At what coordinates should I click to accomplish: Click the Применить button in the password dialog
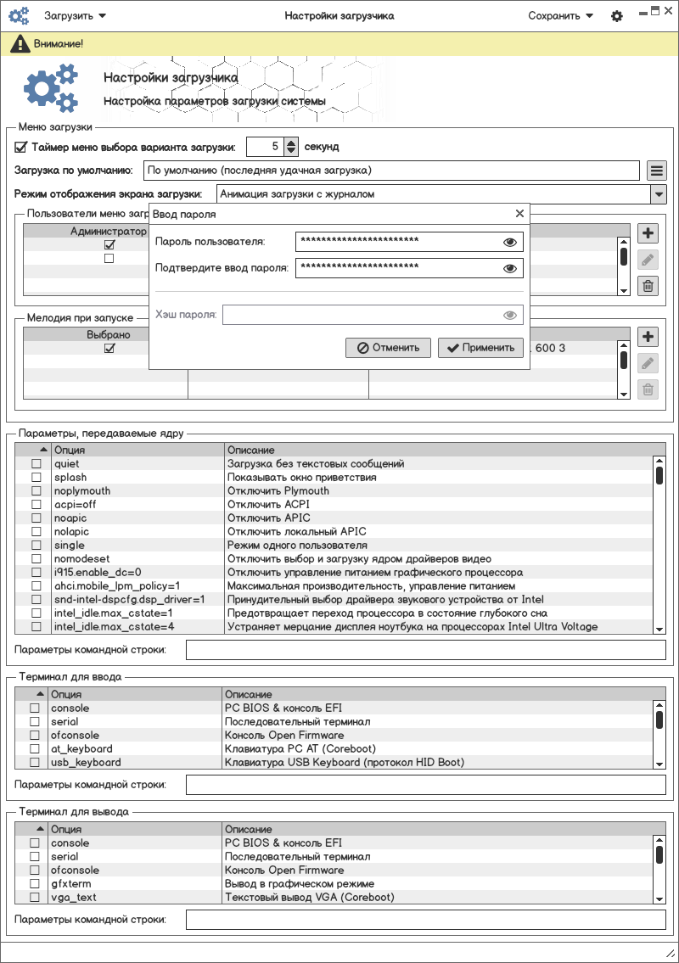pos(480,347)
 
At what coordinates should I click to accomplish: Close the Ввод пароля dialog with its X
pos(519,214)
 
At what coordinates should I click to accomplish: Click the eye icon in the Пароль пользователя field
pos(510,242)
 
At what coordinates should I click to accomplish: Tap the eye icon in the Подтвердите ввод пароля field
pos(510,268)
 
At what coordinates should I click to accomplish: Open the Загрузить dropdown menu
pos(75,15)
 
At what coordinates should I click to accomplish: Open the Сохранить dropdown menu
pos(560,15)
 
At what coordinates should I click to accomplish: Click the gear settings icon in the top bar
pos(617,16)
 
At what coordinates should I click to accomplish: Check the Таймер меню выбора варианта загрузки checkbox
pos(21,146)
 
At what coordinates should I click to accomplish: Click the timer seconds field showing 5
pos(265,146)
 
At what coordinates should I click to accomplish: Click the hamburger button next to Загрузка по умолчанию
pos(656,170)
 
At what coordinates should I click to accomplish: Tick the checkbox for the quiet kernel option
pos(36,464)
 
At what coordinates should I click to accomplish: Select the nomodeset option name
pos(81,559)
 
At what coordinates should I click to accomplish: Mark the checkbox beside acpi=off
pos(36,505)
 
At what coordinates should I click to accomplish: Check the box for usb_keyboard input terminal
pos(35,763)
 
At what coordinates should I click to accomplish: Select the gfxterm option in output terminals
pos(70,884)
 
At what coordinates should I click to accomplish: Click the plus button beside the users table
pos(648,233)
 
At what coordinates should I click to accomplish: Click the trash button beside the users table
pos(648,286)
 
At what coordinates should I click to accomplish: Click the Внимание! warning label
pos(58,43)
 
